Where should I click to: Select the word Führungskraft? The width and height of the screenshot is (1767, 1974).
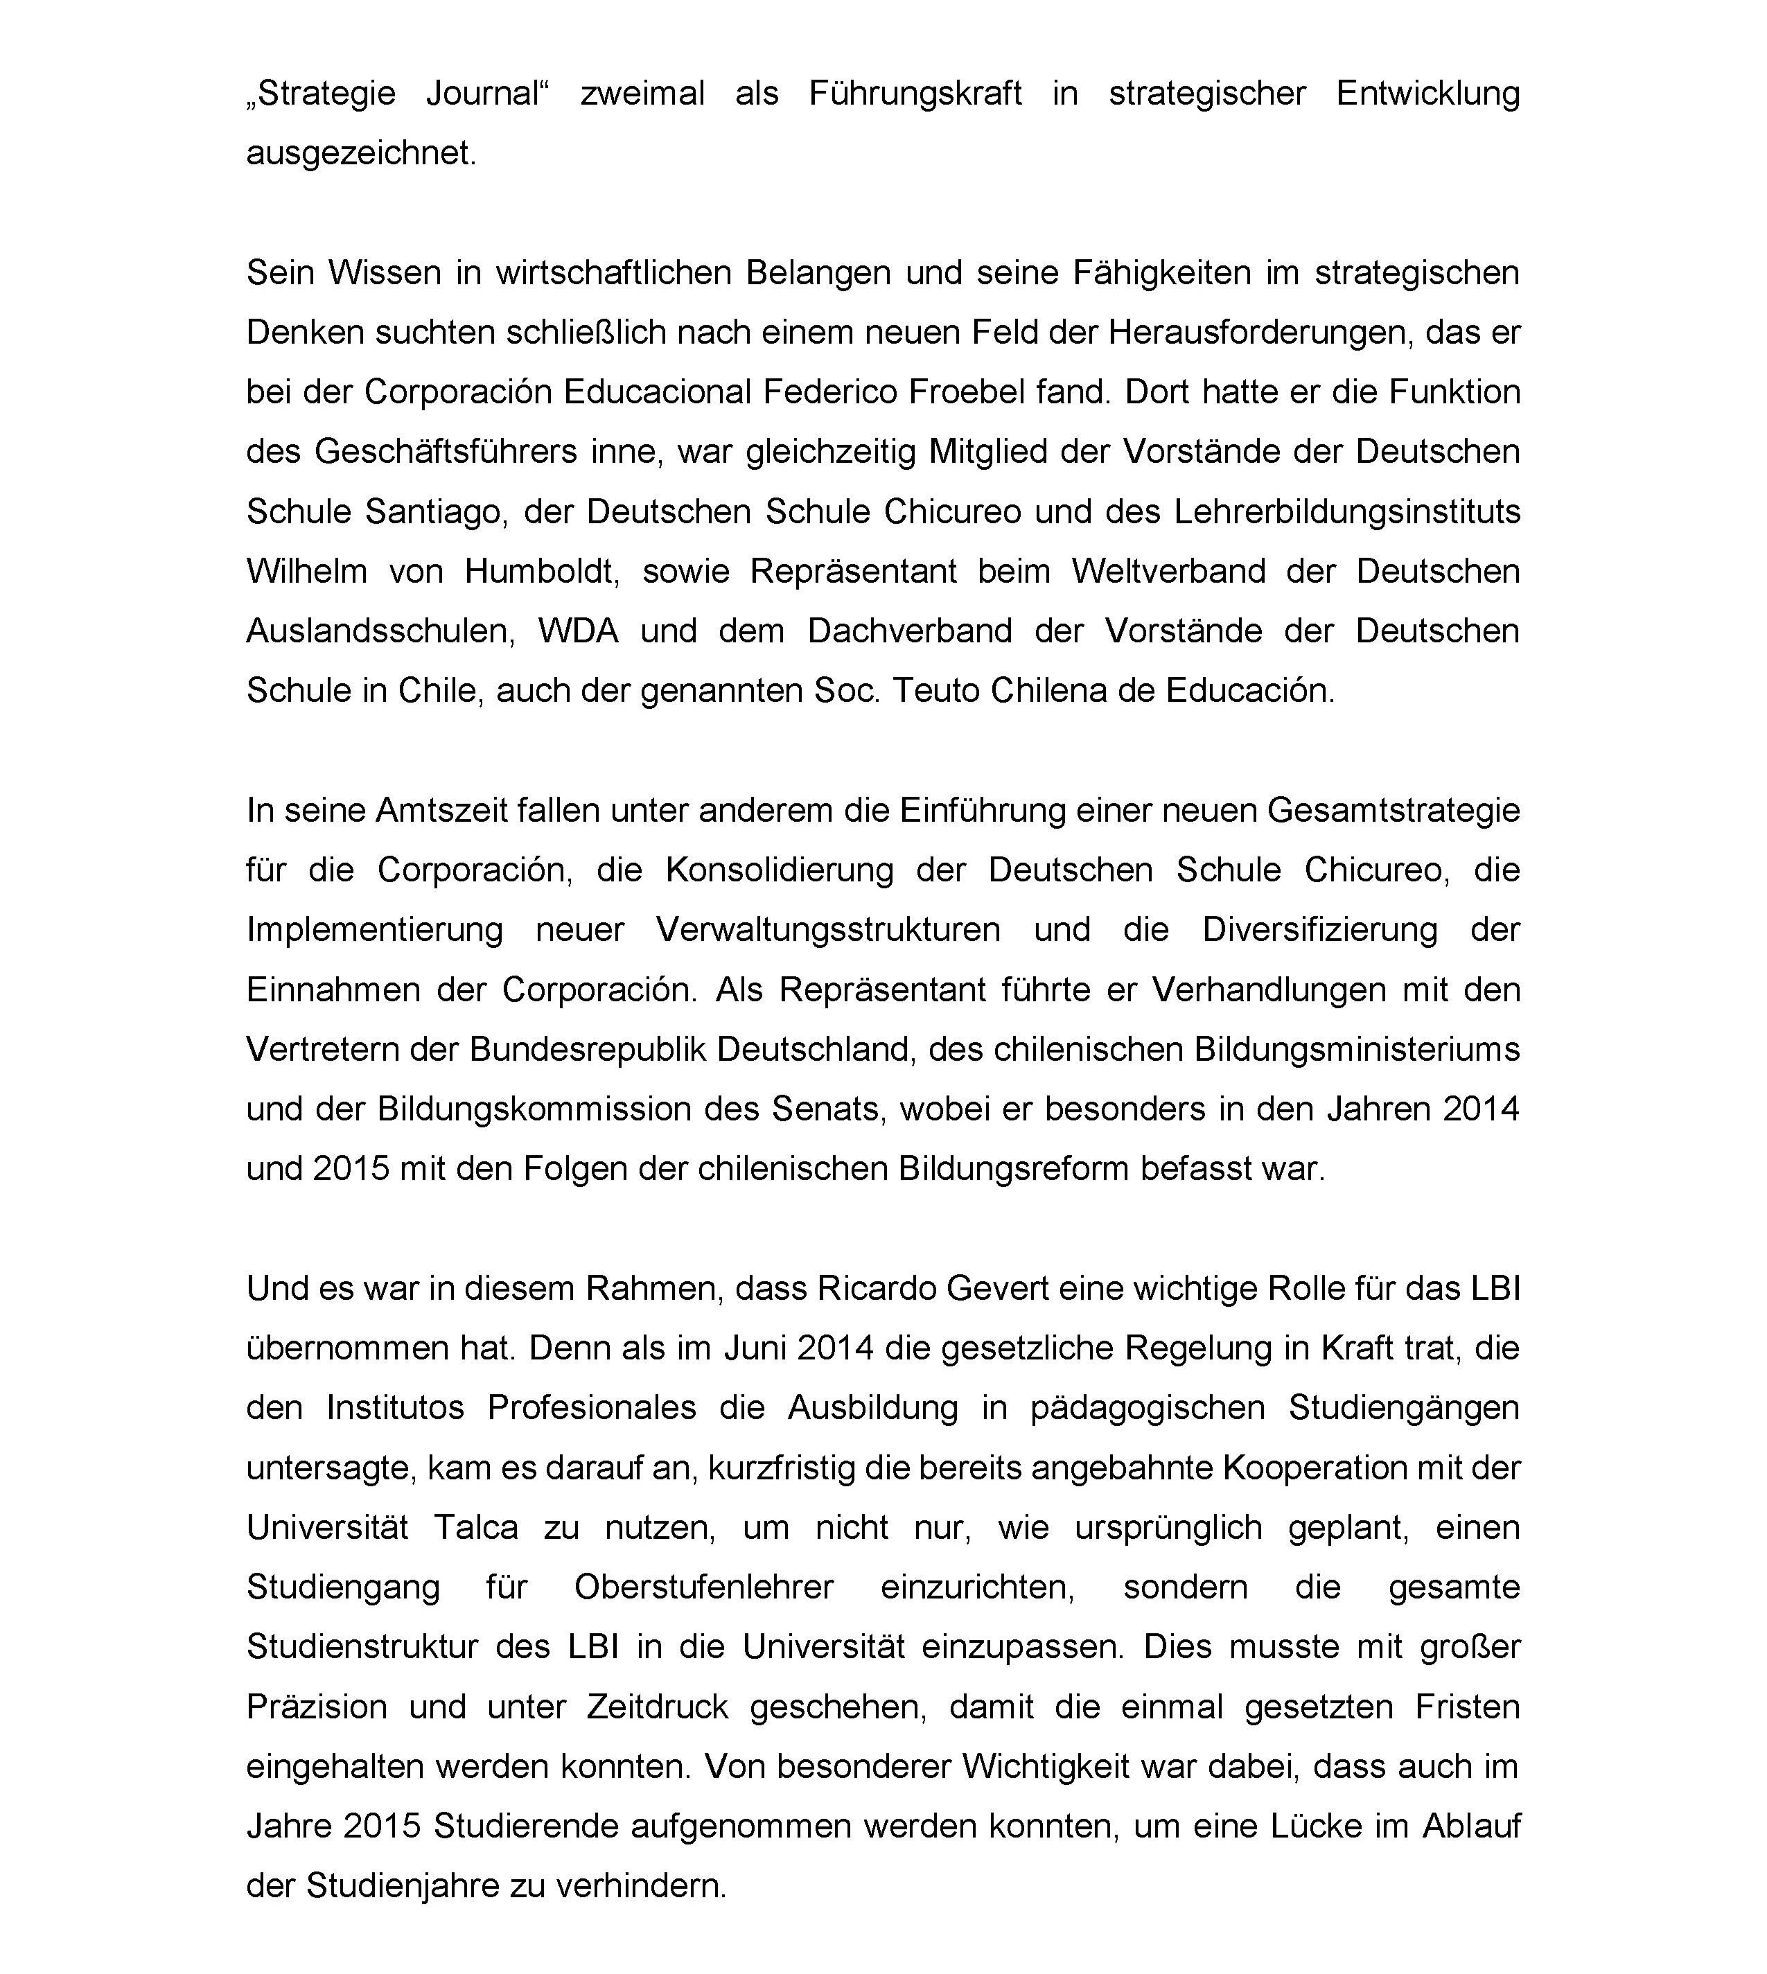tap(915, 94)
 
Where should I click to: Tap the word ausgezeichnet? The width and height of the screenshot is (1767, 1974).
tap(360, 153)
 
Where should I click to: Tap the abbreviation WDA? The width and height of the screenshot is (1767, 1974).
tap(579, 631)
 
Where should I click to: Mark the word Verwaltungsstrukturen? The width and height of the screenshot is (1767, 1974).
tap(828, 931)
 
